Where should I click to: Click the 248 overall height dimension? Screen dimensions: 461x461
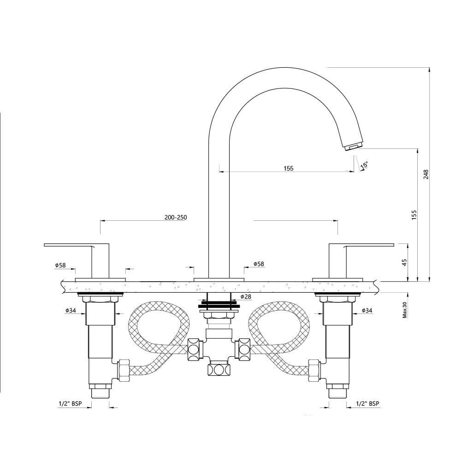pos(426,174)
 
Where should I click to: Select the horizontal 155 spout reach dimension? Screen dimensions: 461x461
pos(288,168)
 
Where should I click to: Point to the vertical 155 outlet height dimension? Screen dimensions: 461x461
pos(414,214)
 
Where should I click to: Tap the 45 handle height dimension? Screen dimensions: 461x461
pos(404,262)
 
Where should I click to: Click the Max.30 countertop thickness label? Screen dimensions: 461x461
pos(404,310)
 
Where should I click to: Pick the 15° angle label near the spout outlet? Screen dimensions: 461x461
pos(365,165)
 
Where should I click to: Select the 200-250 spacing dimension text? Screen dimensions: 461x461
pos(175,218)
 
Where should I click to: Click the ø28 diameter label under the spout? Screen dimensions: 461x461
pos(246,296)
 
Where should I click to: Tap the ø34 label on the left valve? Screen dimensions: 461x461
pos(71,310)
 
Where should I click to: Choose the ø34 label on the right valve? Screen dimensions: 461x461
pos(367,310)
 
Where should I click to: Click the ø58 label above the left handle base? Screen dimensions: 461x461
pos(60,265)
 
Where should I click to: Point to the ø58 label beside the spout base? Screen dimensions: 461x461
pos(259,264)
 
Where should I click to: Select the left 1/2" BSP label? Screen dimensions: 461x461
pos(70,403)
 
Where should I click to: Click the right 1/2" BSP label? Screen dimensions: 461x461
pos(368,403)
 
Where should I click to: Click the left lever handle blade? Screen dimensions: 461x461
pos(69,245)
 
